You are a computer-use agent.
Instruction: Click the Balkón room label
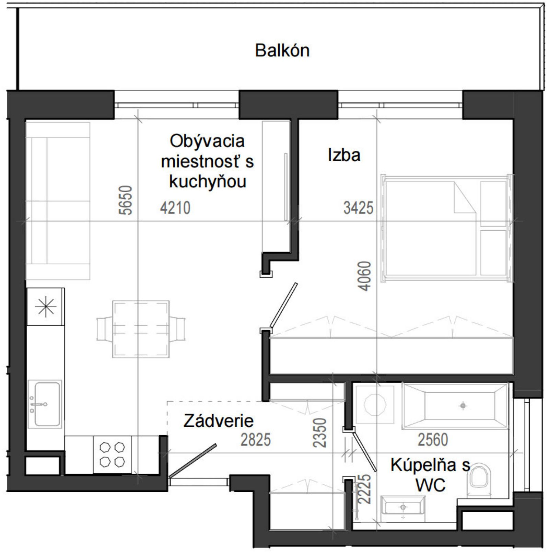tap(282, 50)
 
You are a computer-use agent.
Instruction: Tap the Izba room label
tap(344, 155)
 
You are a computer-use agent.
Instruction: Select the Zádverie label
tap(219, 421)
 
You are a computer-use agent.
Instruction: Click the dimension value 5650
tap(125, 200)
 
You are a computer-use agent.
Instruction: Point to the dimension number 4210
tap(175, 208)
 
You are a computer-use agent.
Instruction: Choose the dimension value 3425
tap(358, 208)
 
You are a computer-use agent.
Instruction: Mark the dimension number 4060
tap(365, 276)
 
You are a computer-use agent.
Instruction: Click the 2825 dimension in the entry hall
tap(256, 440)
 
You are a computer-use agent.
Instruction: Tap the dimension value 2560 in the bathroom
tap(433, 440)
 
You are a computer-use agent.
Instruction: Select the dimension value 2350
tap(319, 433)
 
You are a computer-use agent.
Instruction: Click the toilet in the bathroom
tap(480, 480)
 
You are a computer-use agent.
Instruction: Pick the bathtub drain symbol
tap(463, 406)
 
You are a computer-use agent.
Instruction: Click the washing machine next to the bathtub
tap(375, 404)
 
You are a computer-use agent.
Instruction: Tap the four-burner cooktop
tap(112, 455)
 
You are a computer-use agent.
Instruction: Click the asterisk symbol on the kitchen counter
tap(46, 307)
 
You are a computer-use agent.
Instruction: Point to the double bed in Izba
tap(447, 228)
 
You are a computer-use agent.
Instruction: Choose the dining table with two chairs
tap(141, 329)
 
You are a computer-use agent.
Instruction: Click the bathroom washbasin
tap(403, 509)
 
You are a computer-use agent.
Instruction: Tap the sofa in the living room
tap(58, 200)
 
